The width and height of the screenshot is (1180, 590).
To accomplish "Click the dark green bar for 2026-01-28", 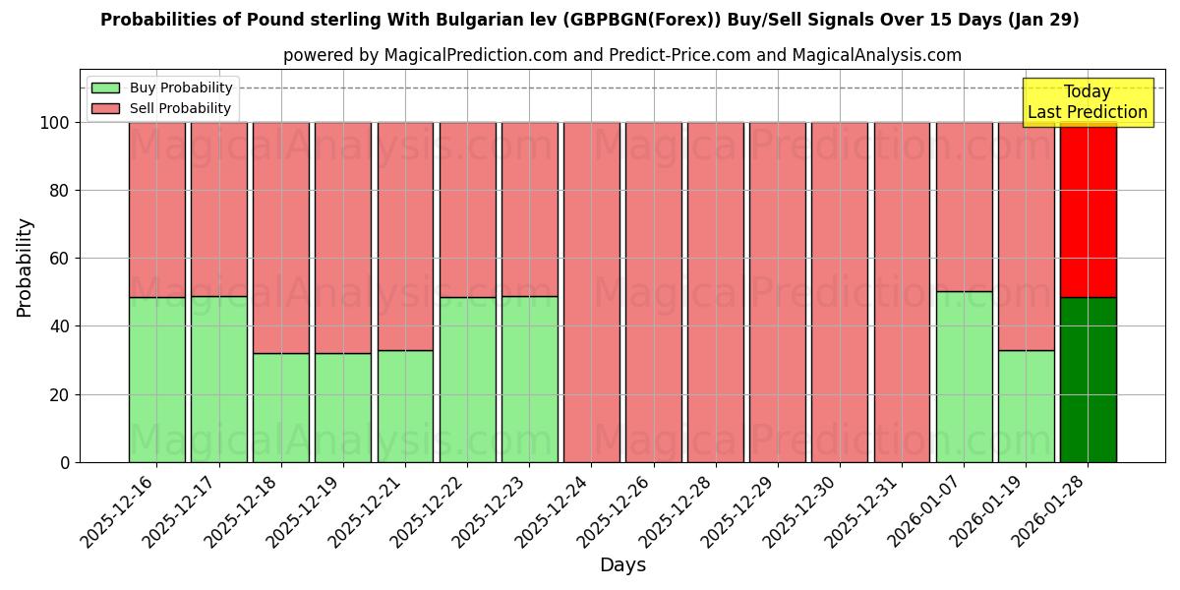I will click(x=1088, y=380).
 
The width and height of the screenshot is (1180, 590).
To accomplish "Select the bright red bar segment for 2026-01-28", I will click(x=1088, y=209).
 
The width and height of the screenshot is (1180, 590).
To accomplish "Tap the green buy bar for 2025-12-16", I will click(x=156, y=380).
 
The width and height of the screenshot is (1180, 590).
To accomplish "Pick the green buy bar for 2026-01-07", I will click(x=964, y=377).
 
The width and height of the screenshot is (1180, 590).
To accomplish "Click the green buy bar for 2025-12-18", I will click(x=281, y=407).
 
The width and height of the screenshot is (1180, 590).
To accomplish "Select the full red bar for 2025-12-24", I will click(x=591, y=292).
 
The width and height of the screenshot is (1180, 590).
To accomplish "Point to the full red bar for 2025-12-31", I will click(x=902, y=292).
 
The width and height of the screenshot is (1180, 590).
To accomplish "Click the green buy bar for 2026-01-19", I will click(x=1026, y=406).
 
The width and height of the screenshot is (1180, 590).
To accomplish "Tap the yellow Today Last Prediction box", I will click(x=1087, y=102).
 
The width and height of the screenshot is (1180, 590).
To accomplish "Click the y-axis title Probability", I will click(x=25, y=267).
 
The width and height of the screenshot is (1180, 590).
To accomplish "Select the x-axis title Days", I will click(x=622, y=565).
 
